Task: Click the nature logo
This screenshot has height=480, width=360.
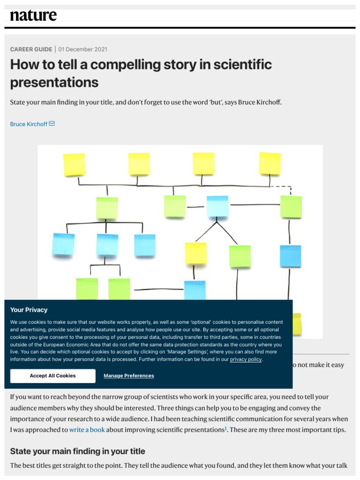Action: (x=33, y=15)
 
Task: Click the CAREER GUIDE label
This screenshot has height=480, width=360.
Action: (x=31, y=49)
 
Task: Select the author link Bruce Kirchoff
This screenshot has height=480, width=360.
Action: (x=29, y=124)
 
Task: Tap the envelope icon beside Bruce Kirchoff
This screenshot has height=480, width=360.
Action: (x=52, y=124)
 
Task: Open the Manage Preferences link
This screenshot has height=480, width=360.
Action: (x=128, y=376)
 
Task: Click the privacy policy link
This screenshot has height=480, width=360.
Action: (x=246, y=360)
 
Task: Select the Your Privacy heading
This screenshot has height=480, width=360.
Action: (x=29, y=310)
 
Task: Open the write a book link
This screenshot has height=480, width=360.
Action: (x=87, y=429)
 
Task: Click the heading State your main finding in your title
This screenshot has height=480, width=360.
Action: (x=78, y=451)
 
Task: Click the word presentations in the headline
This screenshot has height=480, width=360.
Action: (x=54, y=82)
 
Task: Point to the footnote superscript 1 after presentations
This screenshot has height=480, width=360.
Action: (x=225, y=427)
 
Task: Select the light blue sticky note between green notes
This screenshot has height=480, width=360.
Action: (x=217, y=206)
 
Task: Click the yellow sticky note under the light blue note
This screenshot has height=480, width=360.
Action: (x=195, y=253)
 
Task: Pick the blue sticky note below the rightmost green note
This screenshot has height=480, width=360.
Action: (x=290, y=256)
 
